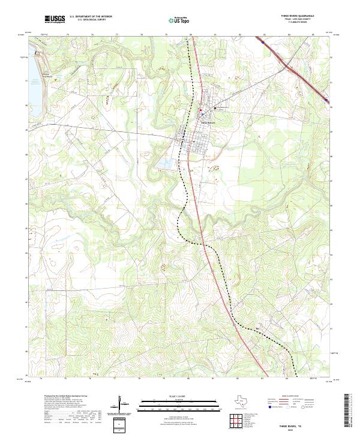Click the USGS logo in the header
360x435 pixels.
coord(55,19)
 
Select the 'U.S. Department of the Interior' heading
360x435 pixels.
coord(91,17)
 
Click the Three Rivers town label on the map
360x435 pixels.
coord(208,122)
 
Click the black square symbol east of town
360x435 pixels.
coord(215,108)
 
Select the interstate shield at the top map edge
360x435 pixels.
coord(263,42)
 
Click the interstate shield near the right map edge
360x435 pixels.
coord(326,100)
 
